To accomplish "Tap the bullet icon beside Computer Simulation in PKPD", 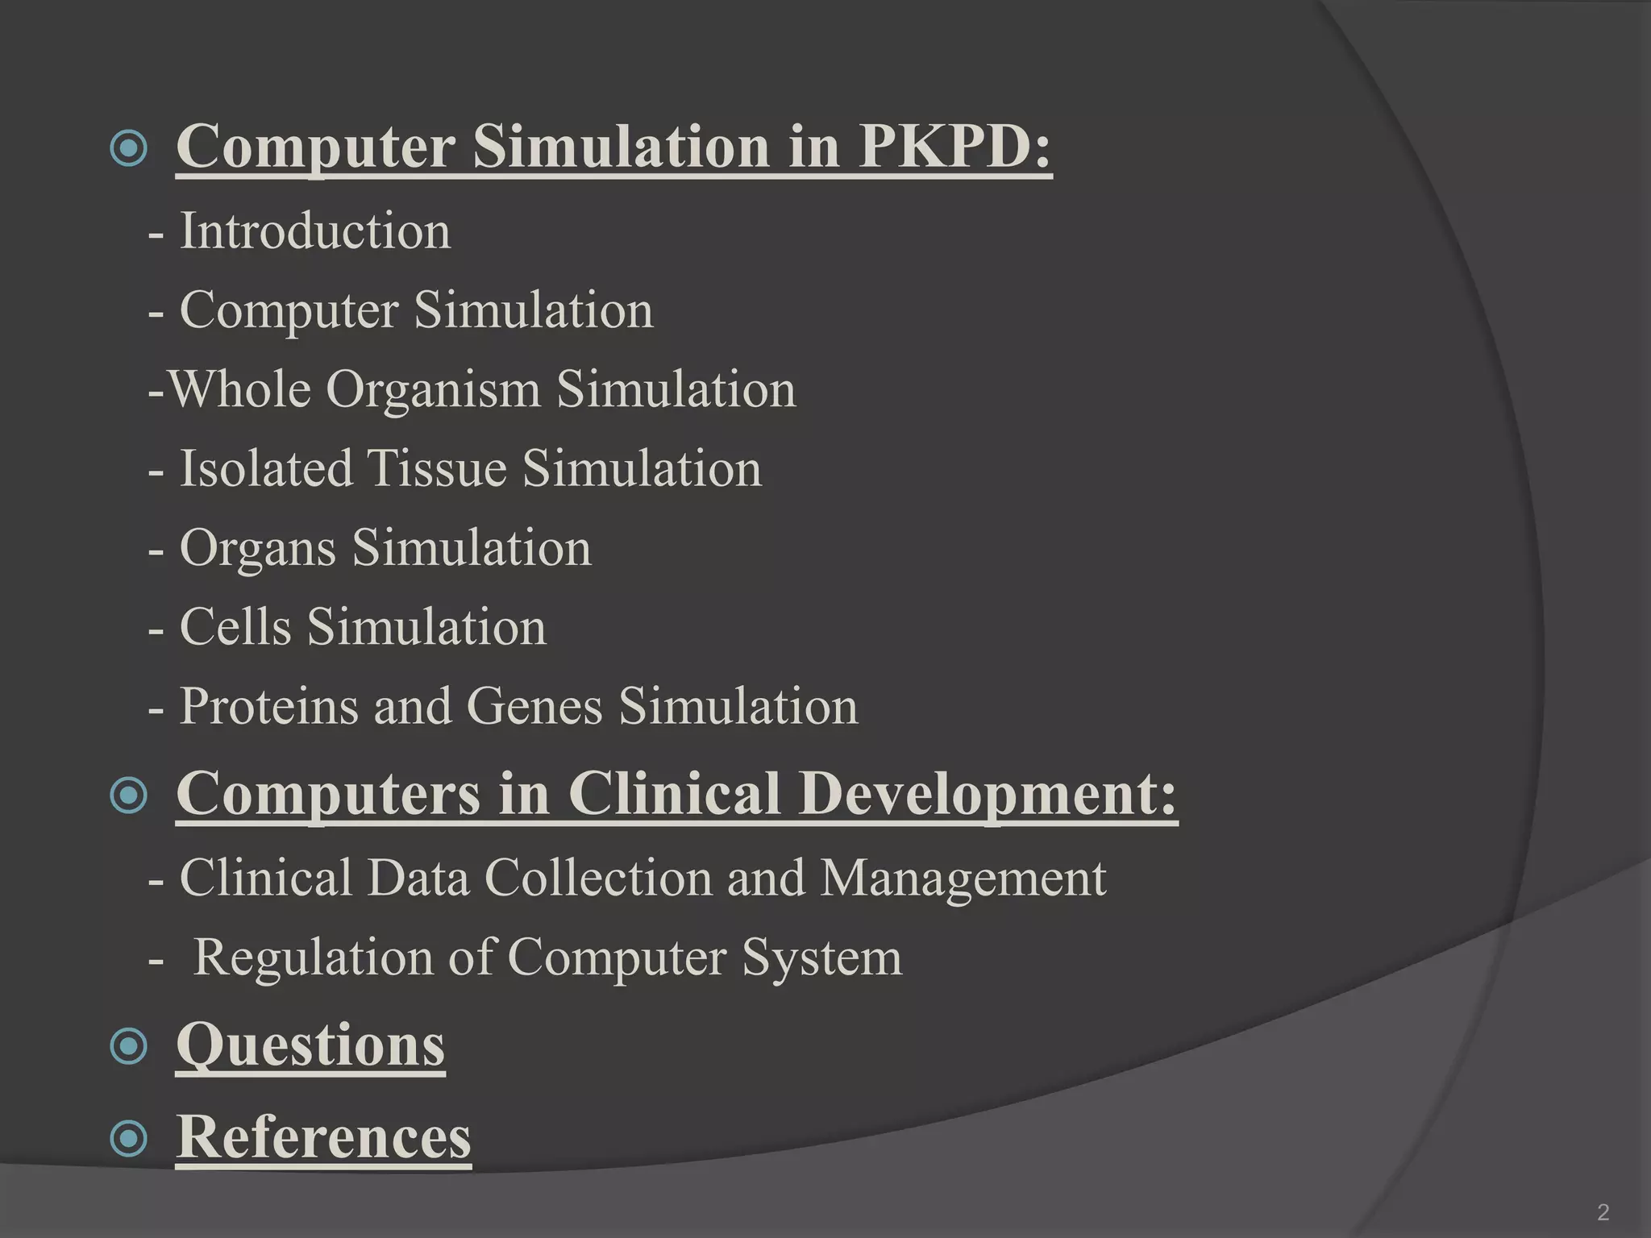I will pos(128,148).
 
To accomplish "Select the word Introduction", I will pos(314,231).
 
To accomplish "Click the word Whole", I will pos(240,389).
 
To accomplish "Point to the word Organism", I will pos(433,389).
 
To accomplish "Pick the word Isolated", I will pos(266,468).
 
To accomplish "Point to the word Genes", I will pos(534,706).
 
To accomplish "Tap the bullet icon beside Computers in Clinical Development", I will pos(128,796).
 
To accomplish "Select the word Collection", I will pos(598,877).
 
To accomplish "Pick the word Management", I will pos(963,879).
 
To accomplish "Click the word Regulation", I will pos(313,958).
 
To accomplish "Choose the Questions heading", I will pos(310,1045).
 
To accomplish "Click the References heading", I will pos(323,1136).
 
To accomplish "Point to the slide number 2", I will pos(1603,1211).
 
